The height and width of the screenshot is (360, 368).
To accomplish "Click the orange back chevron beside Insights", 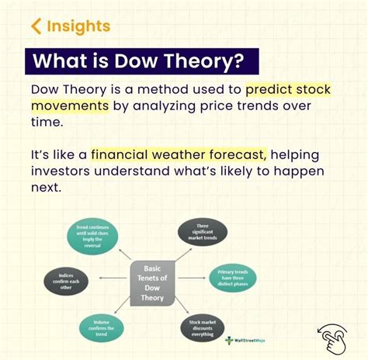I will coord(36,26).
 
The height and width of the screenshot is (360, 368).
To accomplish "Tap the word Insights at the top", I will coord(78,26).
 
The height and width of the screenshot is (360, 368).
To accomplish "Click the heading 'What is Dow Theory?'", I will coord(140,61).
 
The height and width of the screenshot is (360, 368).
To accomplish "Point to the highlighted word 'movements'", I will coord(68,105).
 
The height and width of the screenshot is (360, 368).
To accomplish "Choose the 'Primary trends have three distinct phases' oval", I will coord(231,278).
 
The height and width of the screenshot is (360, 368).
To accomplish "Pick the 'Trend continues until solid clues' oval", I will coord(93,235).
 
